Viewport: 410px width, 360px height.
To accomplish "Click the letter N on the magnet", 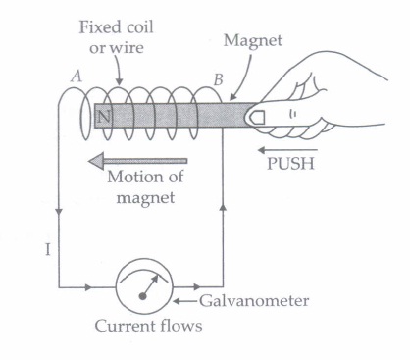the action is (104, 116).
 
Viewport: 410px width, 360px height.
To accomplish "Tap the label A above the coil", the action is (77, 77).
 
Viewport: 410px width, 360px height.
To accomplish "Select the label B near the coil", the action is (219, 79).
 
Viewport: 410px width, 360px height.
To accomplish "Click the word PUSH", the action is (290, 164).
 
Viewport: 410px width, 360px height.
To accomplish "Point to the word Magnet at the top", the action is (253, 41).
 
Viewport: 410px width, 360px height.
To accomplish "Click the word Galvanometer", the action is (254, 301).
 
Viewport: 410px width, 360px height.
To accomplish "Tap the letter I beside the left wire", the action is (48, 250).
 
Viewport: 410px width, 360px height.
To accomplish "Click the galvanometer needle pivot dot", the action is (142, 296).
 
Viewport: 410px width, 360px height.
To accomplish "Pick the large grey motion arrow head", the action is (96, 161).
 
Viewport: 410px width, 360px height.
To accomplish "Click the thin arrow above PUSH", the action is (287, 150).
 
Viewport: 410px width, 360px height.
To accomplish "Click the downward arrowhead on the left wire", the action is (59, 212).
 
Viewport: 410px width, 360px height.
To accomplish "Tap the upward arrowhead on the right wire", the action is (224, 208).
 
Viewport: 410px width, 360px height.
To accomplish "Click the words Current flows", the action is (148, 326).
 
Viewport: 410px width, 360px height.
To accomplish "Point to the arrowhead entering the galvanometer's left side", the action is (88, 287).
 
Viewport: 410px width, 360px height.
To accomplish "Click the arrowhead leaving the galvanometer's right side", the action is (197, 287).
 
